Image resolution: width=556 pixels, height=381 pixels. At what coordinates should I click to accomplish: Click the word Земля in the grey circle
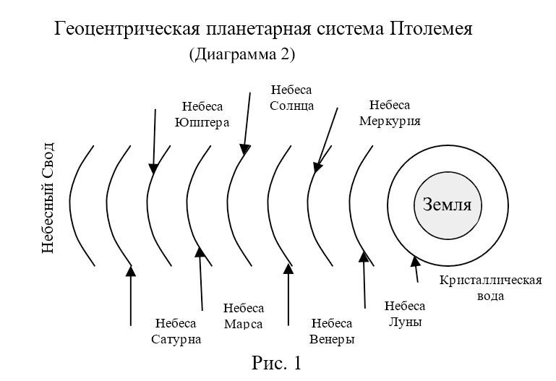coord(447,205)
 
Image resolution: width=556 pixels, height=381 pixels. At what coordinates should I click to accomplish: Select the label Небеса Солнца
coord(291,98)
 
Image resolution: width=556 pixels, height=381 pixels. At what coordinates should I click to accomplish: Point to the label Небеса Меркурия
coord(390,113)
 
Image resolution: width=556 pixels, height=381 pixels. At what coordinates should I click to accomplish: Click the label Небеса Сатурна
coord(176,331)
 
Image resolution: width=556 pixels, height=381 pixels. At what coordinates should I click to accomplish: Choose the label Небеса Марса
coord(244,316)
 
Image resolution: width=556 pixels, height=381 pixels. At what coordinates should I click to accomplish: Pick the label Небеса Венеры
coord(331,332)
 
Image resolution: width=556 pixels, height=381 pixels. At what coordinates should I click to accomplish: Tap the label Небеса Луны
coord(403,314)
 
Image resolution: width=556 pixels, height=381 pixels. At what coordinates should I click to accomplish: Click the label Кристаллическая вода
coord(490,288)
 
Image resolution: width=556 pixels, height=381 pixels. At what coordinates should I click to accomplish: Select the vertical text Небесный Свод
coord(48,197)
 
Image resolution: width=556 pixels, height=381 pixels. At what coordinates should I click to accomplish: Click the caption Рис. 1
coord(276,361)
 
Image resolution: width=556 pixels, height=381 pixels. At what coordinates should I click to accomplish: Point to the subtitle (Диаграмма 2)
coord(241,54)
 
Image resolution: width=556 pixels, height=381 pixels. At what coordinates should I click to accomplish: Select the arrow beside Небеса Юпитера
coord(154,141)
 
